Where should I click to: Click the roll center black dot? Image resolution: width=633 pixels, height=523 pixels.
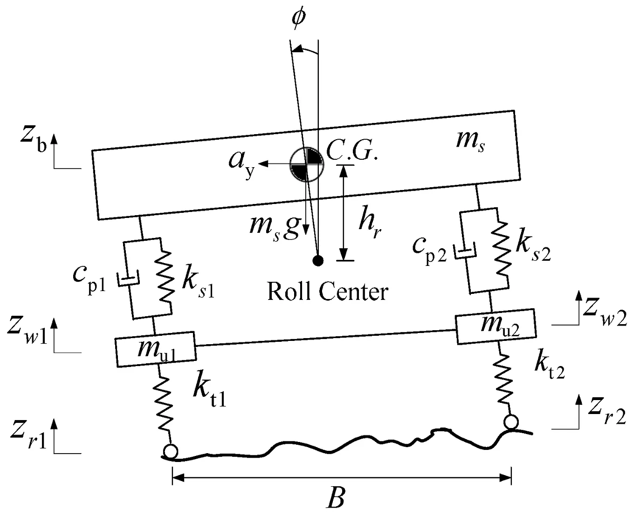[318, 260]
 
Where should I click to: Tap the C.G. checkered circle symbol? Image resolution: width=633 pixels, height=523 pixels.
[307, 164]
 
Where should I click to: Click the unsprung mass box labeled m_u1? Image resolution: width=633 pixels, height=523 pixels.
[156, 349]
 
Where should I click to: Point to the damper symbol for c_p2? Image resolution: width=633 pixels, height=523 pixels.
[465, 251]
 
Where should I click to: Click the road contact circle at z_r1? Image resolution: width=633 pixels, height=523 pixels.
[171, 452]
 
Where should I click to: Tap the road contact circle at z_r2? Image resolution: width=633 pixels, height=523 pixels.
[511, 422]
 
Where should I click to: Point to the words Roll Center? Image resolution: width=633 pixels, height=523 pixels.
[328, 291]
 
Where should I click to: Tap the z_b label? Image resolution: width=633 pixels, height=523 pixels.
[34, 137]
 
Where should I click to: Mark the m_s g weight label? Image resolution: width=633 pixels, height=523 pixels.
[274, 229]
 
